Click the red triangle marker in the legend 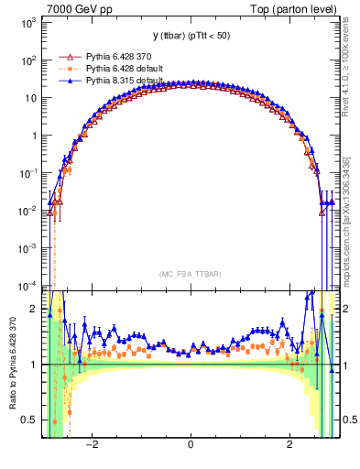tap(69, 57)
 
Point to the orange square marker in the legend tap(69, 69)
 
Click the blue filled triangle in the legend tap(69, 81)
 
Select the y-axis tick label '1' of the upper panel tap(34, 136)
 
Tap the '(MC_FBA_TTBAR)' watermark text tap(190, 273)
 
